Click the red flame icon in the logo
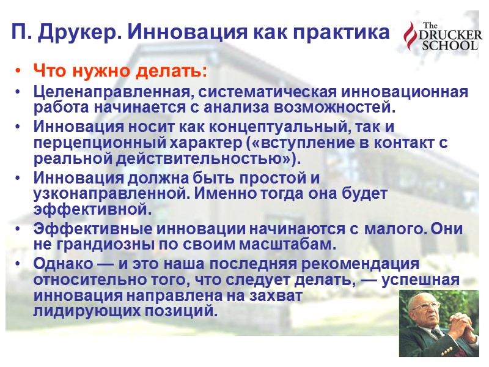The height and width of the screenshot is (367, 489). (x=410, y=37)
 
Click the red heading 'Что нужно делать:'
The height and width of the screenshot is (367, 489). (x=120, y=72)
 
